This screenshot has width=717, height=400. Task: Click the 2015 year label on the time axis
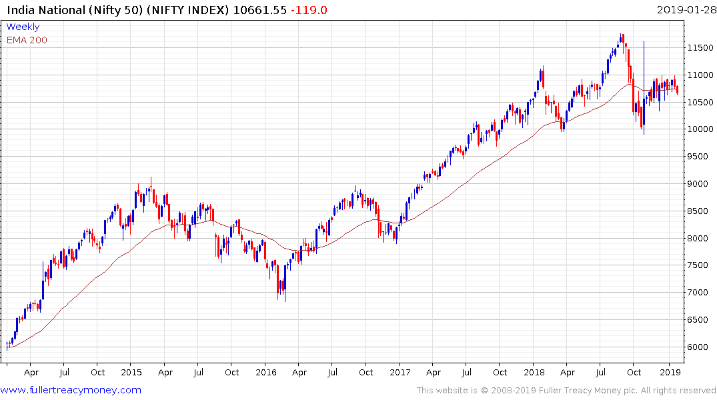click(x=131, y=372)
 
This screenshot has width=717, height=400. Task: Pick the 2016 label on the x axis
click(x=266, y=372)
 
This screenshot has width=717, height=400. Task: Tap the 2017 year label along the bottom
click(x=400, y=372)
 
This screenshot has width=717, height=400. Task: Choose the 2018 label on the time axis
click(x=534, y=372)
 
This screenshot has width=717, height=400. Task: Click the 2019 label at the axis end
click(x=669, y=372)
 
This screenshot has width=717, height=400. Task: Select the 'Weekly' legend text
click(x=23, y=27)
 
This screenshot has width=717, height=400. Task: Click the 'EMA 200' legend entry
click(x=27, y=40)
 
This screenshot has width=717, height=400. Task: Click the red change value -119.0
click(x=308, y=10)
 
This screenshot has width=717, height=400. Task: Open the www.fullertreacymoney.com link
click(x=71, y=390)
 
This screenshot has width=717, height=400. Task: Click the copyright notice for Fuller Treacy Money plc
click(x=566, y=390)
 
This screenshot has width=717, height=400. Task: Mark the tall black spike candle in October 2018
click(x=644, y=87)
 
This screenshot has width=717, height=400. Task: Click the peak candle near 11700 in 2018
click(x=622, y=39)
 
